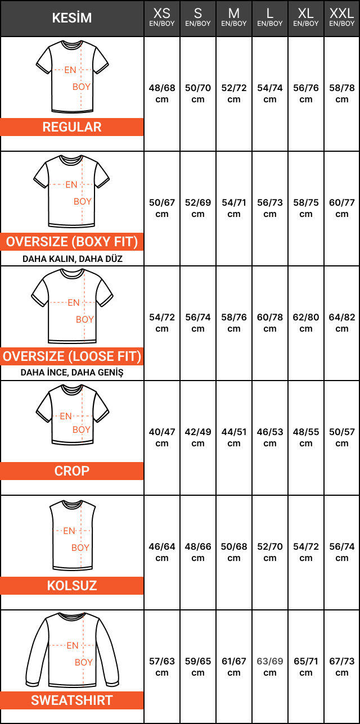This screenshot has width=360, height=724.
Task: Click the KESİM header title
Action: (x=72, y=18)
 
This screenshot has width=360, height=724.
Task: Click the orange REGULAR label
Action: (x=72, y=127)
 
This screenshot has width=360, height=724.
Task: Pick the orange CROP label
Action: (x=72, y=471)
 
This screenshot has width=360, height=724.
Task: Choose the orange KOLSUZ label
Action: (x=72, y=586)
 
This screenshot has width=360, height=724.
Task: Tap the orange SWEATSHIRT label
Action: (x=72, y=700)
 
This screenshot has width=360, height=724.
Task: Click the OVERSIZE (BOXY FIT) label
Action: (x=72, y=242)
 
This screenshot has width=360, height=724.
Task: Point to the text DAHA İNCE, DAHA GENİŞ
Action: (x=72, y=372)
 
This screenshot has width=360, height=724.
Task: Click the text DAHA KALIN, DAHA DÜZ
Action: (x=73, y=259)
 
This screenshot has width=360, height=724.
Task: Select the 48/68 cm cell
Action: (x=162, y=93)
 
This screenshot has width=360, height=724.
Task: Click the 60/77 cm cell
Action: (x=342, y=208)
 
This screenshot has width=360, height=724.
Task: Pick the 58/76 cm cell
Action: (x=234, y=323)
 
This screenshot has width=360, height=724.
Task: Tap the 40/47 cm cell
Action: (x=162, y=437)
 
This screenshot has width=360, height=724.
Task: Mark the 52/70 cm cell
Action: (x=270, y=552)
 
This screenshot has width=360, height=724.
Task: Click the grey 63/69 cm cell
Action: (x=270, y=667)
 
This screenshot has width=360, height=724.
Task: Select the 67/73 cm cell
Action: (x=342, y=667)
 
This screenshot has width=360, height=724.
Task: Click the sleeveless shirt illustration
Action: (x=73, y=535)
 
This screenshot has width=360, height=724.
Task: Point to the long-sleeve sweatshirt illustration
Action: (x=73, y=650)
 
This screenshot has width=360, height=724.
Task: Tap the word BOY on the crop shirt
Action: (x=82, y=429)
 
